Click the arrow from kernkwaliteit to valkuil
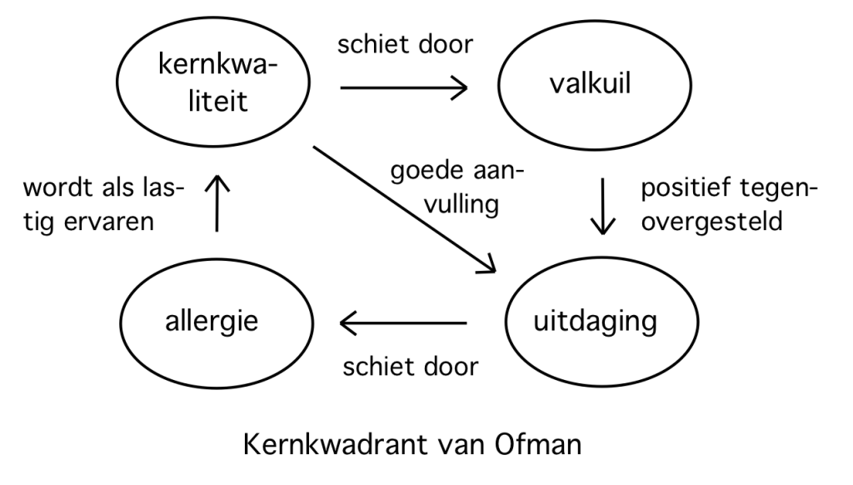(x=404, y=87)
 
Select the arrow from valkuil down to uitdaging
(x=603, y=207)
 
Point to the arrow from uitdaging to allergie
(x=403, y=323)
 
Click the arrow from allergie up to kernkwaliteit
(x=217, y=203)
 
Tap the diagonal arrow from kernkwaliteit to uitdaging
(x=405, y=209)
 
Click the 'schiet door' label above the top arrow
(x=406, y=43)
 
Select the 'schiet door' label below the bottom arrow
(x=411, y=367)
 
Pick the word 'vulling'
(x=461, y=205)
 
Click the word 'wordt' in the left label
(x=57, y=188)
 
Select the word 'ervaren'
(x=109, y=222)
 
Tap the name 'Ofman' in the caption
(x=538, y=444)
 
